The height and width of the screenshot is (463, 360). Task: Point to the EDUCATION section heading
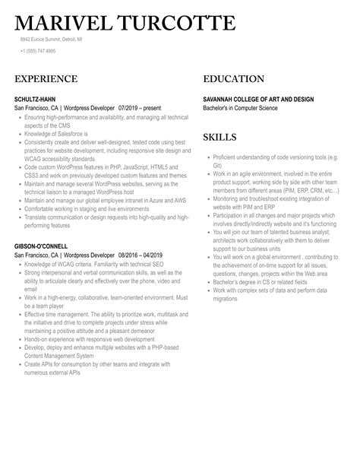[234, 79]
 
